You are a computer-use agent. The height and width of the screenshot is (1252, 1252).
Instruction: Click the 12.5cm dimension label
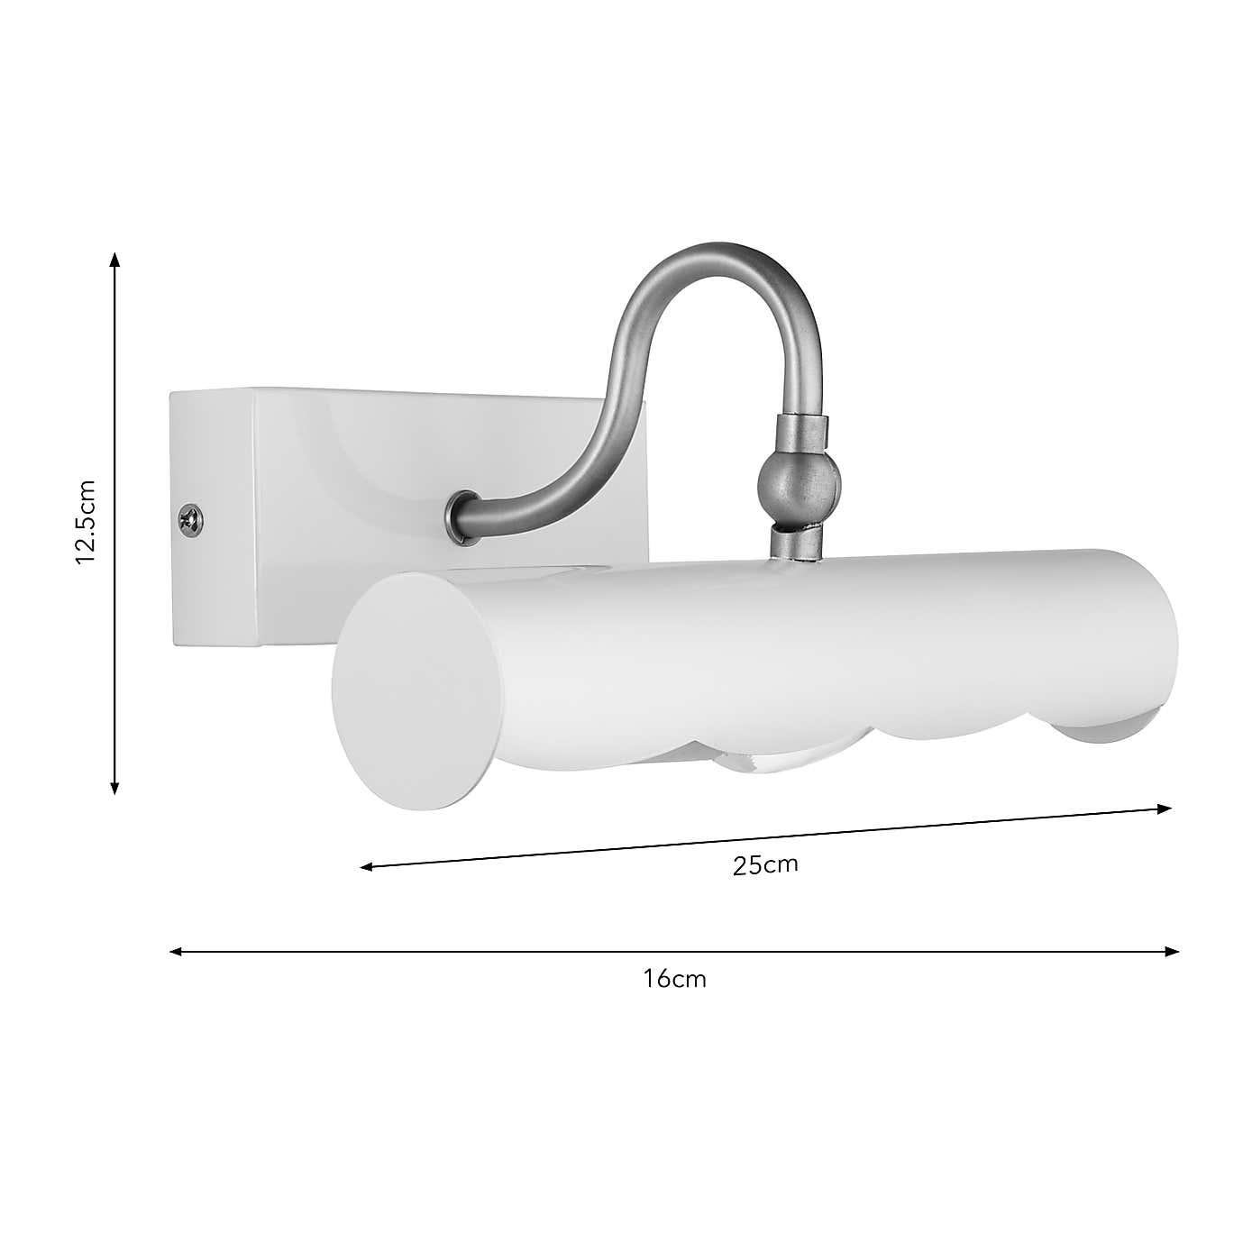pos(86,522)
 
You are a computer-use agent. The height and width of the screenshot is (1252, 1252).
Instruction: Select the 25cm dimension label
pos(765,865)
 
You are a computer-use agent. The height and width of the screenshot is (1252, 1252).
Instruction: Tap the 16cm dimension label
pos(675,979)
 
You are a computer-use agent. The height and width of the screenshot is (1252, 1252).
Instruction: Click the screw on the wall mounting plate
pos(191,519)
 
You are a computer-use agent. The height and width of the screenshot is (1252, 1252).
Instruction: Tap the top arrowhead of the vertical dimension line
pos(114,260)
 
